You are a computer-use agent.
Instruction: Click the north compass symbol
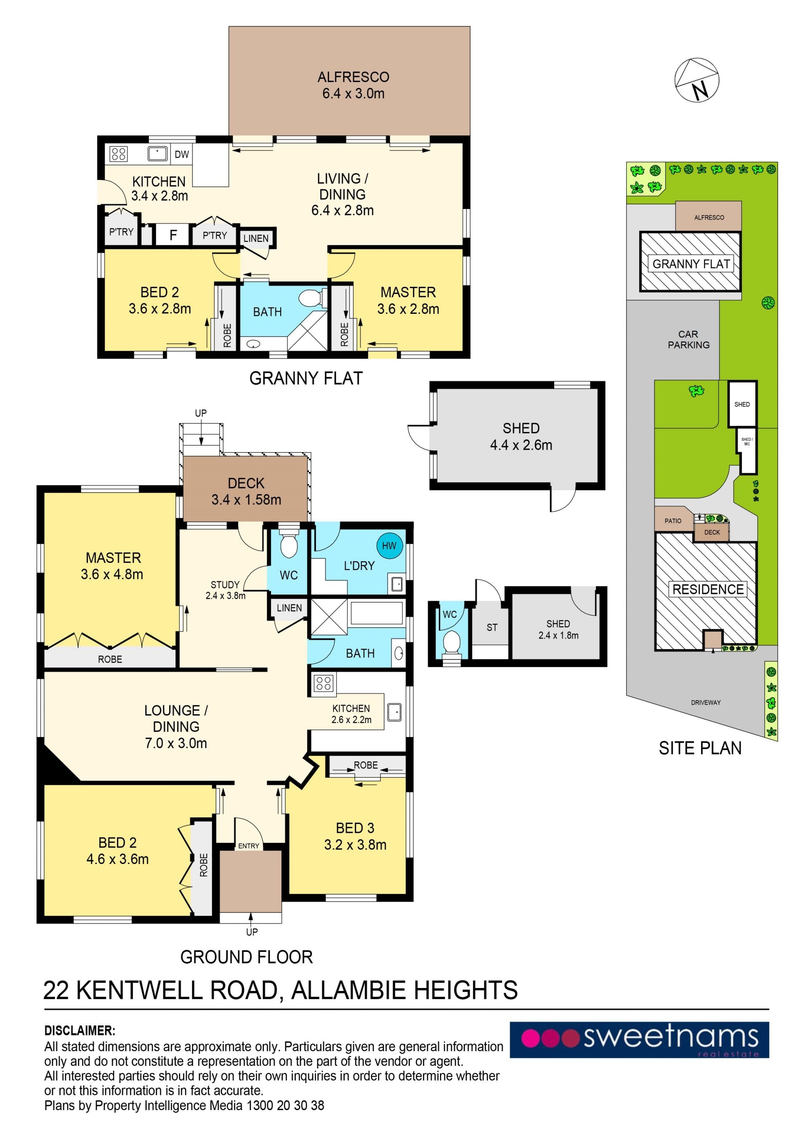696,80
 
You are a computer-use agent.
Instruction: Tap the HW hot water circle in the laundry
389,546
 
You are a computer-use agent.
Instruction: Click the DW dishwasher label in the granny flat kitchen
182,154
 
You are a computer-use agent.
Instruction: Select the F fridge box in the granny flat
173,235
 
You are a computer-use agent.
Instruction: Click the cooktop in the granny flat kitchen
118,154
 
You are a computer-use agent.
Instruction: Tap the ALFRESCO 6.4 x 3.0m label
353,85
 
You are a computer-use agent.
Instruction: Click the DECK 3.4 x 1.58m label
246,491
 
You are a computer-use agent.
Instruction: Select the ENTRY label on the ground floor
249,845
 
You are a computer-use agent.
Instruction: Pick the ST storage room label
492,628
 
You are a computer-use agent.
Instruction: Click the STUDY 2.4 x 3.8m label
226,590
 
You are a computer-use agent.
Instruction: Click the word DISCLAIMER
80,1031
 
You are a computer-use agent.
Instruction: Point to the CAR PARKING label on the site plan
688,339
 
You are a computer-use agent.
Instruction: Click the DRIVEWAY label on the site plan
705,702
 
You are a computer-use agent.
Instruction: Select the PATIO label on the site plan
672,521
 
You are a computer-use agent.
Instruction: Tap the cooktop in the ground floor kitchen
323,684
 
